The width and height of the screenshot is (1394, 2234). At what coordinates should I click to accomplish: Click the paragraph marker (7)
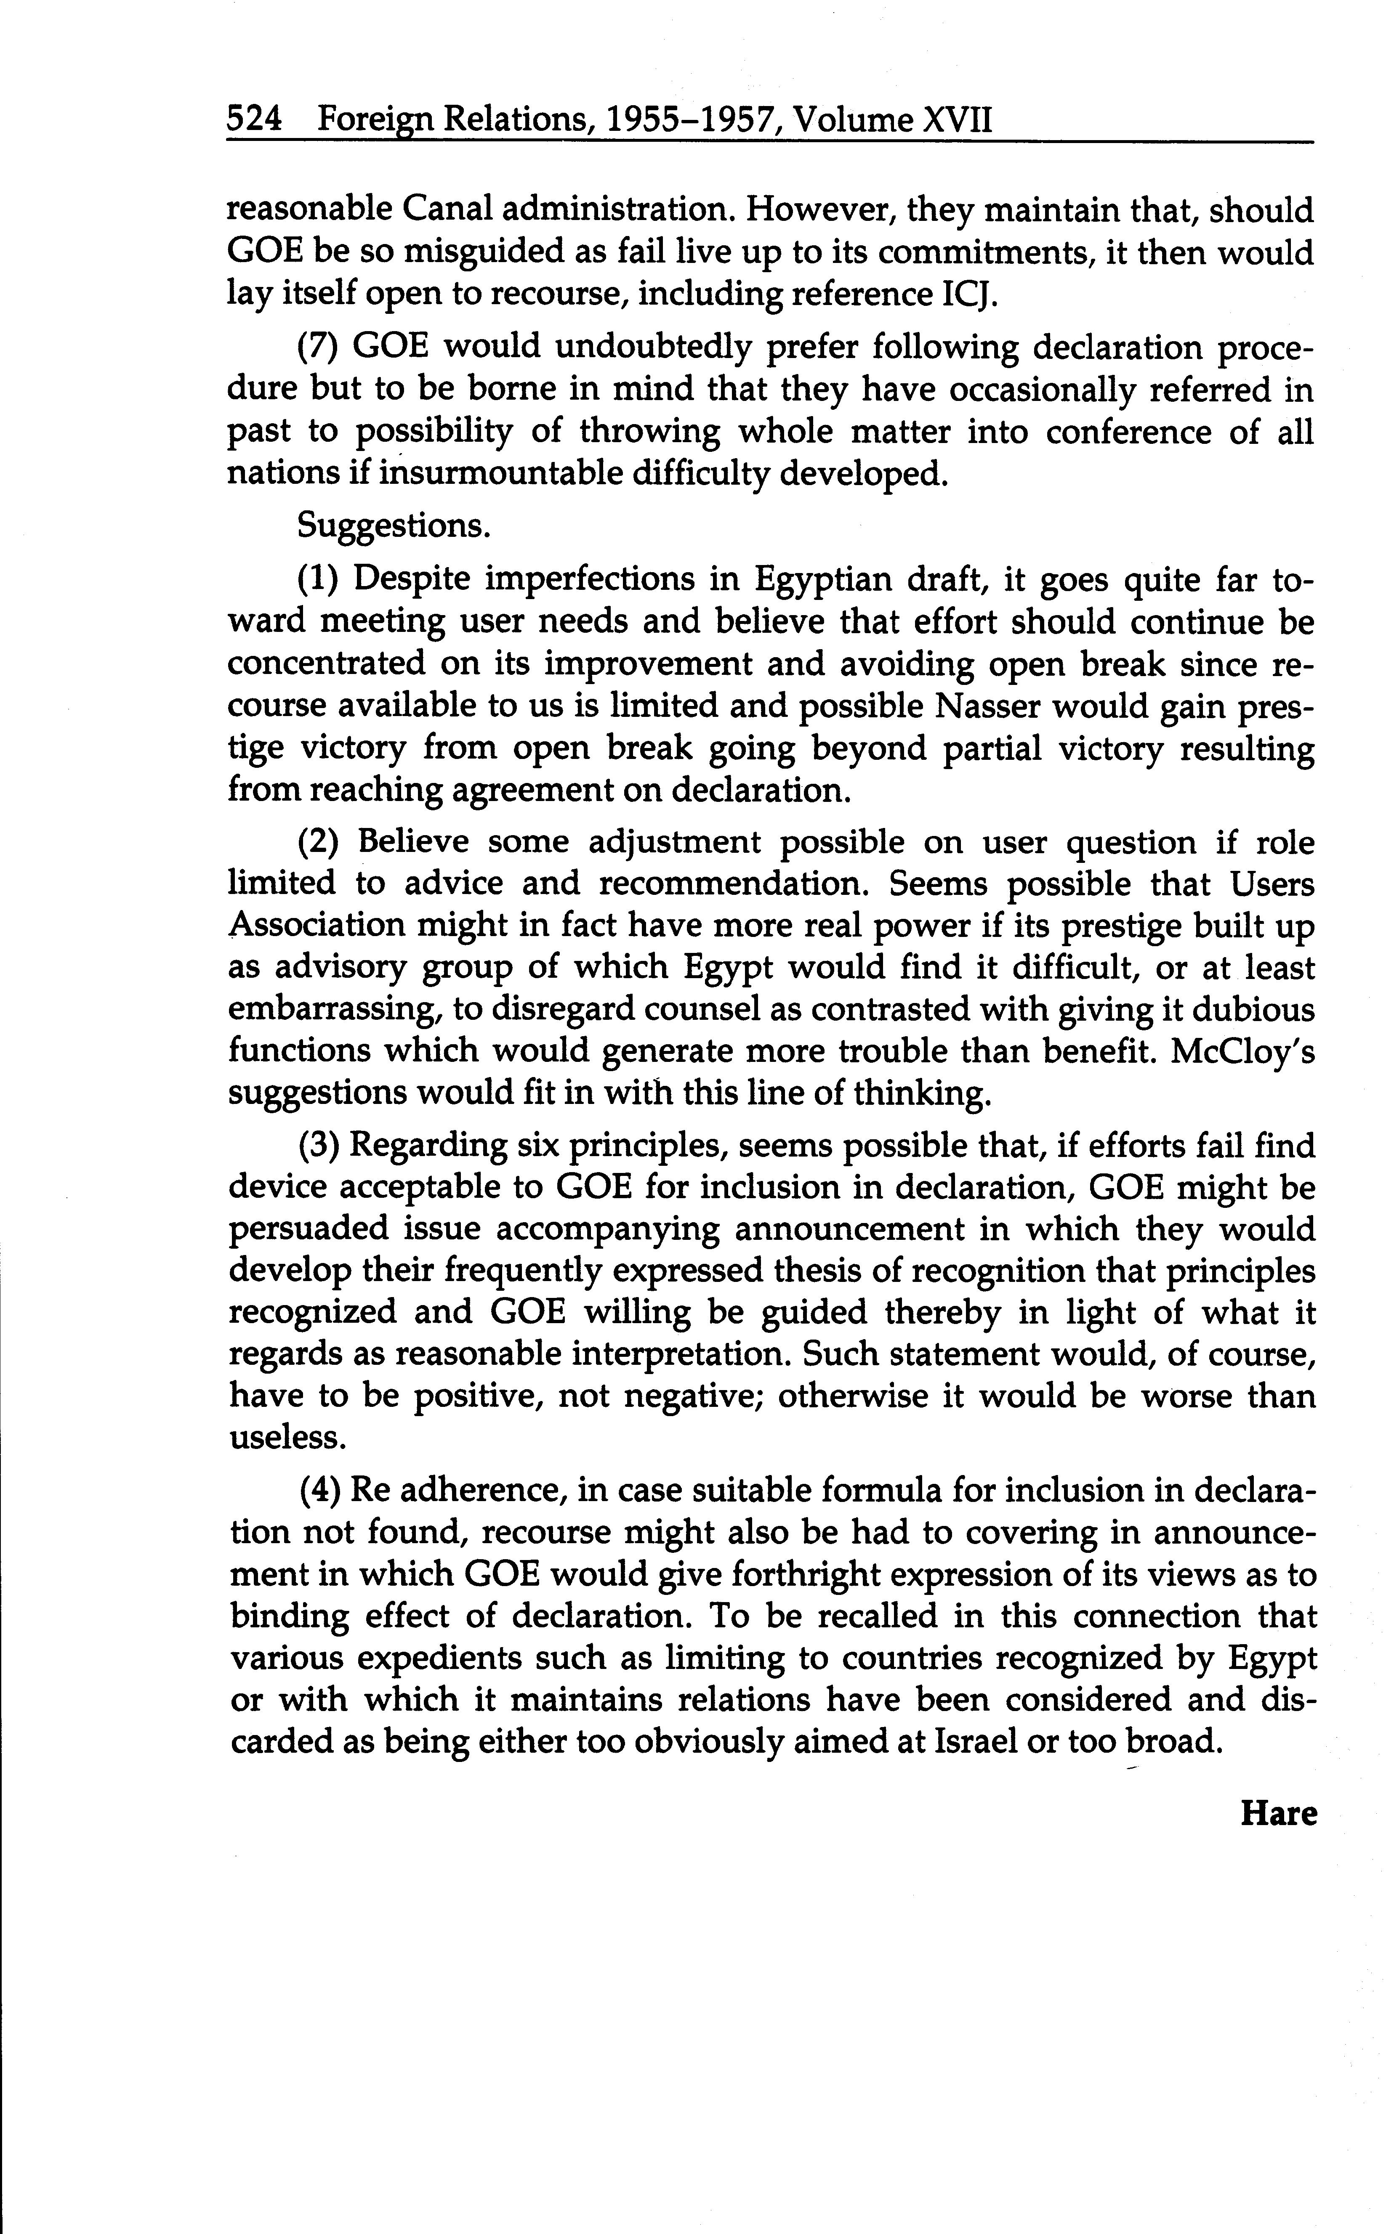pos(319,348)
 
